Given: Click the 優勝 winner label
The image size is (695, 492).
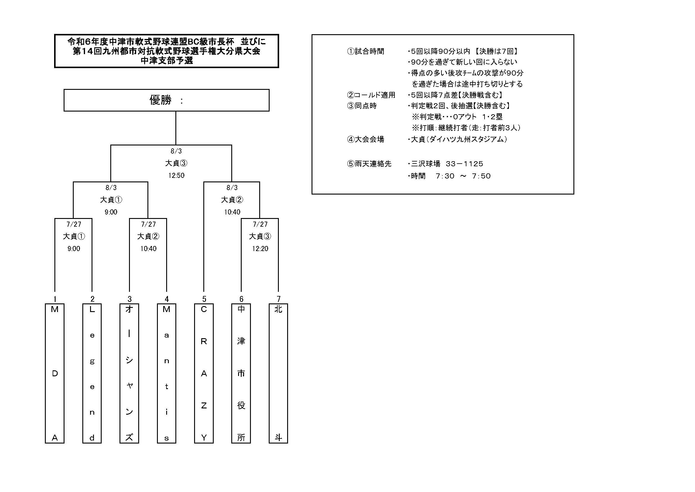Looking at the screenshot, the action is tap(161, 100).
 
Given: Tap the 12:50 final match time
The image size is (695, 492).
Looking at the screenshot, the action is tap(176, 176).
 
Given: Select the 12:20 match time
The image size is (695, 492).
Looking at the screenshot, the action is tap(260, 249).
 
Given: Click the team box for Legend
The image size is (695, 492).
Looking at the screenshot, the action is tap(92, 373).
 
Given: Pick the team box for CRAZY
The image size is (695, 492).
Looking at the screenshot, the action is tap(204, 373).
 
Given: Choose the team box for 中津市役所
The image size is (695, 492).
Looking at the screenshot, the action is tap(241, 373).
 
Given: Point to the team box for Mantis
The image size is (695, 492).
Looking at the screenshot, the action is tap(166, 373).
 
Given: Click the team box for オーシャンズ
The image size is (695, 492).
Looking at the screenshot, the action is tap(129, 373).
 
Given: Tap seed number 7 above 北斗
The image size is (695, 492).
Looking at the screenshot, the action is tap(279, 299).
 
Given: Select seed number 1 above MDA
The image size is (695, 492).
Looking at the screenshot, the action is tap(55, 299).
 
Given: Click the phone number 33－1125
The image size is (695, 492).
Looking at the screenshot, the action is tap(464, 164).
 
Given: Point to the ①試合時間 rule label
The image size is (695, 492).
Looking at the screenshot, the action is tap(365, 51).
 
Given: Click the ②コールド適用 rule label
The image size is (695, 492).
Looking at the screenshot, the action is tap(371, 95).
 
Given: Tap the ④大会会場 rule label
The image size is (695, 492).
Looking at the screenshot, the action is tap(365, 139).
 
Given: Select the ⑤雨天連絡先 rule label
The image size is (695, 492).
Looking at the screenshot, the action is tap(369, 164).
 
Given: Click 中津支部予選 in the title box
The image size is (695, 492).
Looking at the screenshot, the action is tap(167, 61).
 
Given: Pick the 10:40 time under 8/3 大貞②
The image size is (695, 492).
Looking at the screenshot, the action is tap(232, 212).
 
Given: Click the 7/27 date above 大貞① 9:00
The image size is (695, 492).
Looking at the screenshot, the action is tap(74, 224).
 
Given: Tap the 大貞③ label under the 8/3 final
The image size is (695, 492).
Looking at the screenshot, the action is tap(176, 163).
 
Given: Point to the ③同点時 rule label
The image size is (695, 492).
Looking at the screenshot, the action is tap(362, 106).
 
